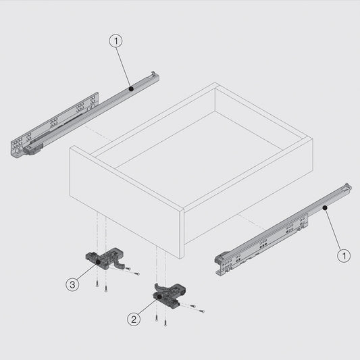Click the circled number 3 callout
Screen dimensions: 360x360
(72, 285)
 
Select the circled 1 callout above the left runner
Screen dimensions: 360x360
(116, 41)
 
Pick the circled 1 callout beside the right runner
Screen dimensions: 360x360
(344, 255)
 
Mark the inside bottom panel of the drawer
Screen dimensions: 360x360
(196, 149)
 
